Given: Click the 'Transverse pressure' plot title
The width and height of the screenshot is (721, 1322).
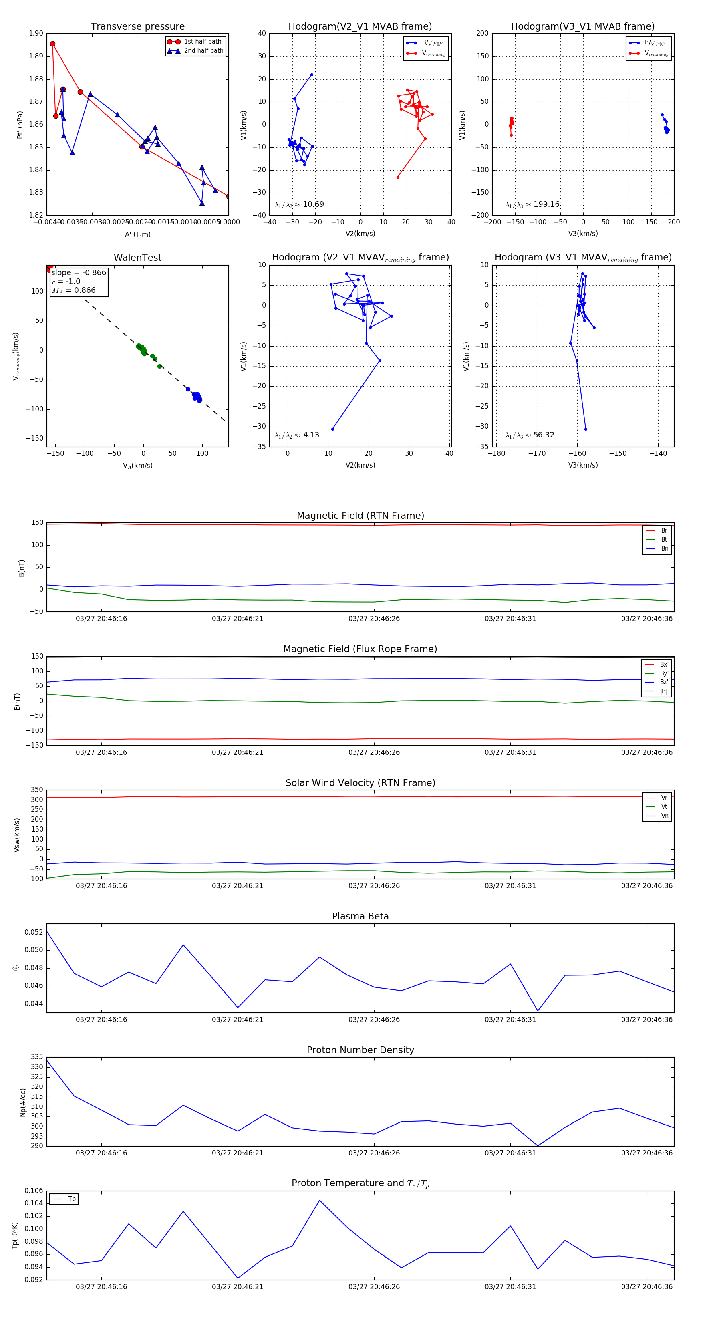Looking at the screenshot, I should tap(137, 27).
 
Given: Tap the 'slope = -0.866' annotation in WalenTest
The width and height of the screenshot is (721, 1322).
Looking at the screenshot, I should tap(79, 272).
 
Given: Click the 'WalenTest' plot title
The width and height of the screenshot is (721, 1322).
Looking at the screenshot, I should tap(137, 258).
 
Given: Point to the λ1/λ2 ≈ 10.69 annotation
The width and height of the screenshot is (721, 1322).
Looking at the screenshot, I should tap(299, 204).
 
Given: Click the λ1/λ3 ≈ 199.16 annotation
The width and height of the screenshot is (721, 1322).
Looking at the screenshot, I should tap(532, 204).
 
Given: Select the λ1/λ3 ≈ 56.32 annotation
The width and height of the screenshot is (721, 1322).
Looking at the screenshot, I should tap(530, 435).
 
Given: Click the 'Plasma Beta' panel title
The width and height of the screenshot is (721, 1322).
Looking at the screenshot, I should tap(360, 916).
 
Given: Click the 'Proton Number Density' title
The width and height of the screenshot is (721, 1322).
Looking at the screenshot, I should tap(360, 1050).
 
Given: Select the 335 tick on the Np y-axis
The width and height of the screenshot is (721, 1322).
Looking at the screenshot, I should tap(37, 1057).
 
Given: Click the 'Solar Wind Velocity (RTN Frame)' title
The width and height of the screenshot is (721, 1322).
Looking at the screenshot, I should tap(360, 783).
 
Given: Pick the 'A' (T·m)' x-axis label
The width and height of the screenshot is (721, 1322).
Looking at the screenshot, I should tap(137, 234).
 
